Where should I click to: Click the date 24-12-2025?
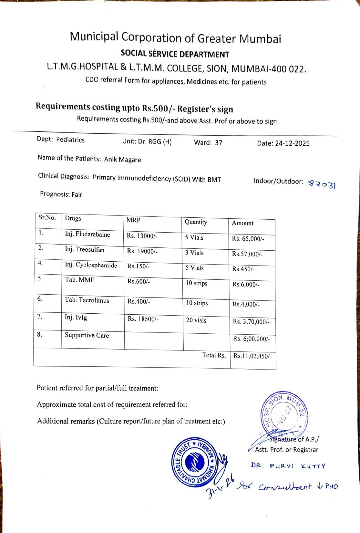pyautogui.click(x=292, y=143)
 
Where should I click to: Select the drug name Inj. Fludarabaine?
pyautogui.click(x=87, y=235)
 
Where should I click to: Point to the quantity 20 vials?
pyautogui.click(x=196, y=320)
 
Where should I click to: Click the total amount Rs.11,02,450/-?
pyautogui.click(x=252, y=356)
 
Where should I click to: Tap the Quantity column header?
pyautogui.click(x=196, y=222)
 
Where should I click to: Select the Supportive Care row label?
pyautogui.click(x=87, y=335)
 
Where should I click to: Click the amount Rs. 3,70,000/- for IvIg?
pyautogui.click(x=251, y=322)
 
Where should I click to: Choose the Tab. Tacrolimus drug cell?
pyautogui.click(x=87, y=300)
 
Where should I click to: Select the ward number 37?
pyautogui.click(x=219, y=143)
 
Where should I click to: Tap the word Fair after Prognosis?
pyautogui.click(x=77, y=195)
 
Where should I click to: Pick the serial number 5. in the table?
pyautogui.click(x=40, y=278)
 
